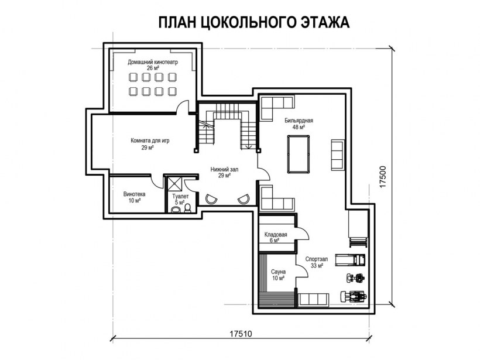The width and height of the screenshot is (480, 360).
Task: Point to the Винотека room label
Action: tap(134, 194)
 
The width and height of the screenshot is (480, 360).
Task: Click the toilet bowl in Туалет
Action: tap(187, 207)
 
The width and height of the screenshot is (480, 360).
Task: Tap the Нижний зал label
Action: tap(224, 169)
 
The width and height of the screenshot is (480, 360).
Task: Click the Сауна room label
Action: tap(278, 272)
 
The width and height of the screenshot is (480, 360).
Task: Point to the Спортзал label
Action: tap(317, 258)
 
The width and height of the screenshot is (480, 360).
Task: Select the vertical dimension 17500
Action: tap(383, 176)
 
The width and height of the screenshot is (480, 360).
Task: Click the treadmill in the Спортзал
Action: tap(355, 257)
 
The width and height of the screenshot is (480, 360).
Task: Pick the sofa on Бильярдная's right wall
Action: tap(338, 153)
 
